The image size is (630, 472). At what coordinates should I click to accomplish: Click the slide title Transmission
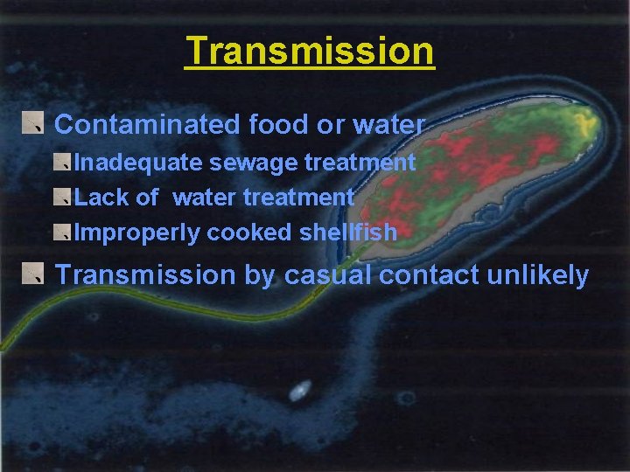[x=310, y=51]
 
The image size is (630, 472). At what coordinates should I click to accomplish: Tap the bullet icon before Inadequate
[x=61, y=162]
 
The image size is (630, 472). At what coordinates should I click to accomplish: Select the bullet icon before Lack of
[x=61, y=197]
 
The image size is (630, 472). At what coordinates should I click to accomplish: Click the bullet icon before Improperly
[x=61, y=232]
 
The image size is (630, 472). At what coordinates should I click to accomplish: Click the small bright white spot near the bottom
[x=299, y=391]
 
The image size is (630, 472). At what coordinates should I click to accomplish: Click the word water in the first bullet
[x=388, y=125]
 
